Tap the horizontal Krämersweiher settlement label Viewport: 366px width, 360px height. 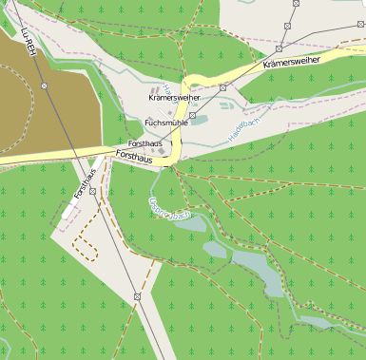[x=174, y=98]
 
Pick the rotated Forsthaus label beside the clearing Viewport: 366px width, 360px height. [x=86, y=182]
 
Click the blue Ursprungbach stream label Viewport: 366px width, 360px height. [x=170, y=207]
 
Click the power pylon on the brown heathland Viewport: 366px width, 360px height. [x=45, y=86]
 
